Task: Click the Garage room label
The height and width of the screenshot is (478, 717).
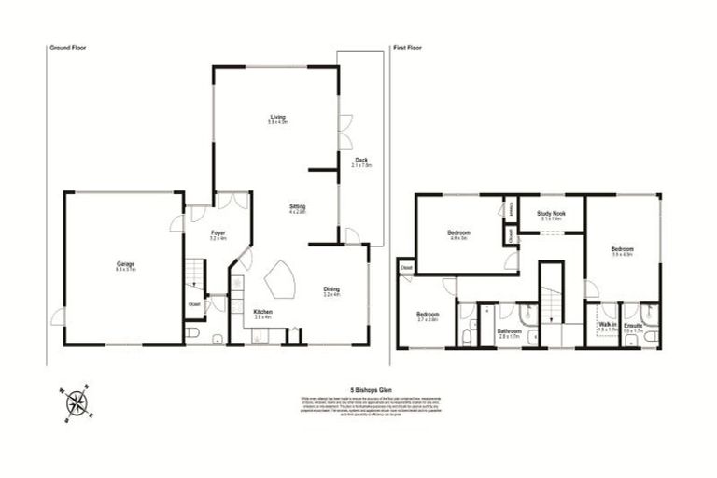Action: click(126, 264)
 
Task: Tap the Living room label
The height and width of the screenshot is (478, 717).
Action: click(277, 117)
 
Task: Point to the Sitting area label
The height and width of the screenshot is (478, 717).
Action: click(298, 205)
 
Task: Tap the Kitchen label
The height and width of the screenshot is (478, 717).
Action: click(262, 312)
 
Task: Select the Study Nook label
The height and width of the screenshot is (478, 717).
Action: click(551, 213)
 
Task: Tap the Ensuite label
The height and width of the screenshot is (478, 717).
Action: click(634, 327)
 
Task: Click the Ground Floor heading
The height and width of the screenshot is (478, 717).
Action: click(66, 46)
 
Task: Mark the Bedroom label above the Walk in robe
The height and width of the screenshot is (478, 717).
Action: click(623, 249)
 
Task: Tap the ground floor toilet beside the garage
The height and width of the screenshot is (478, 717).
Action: click(192, 333)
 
